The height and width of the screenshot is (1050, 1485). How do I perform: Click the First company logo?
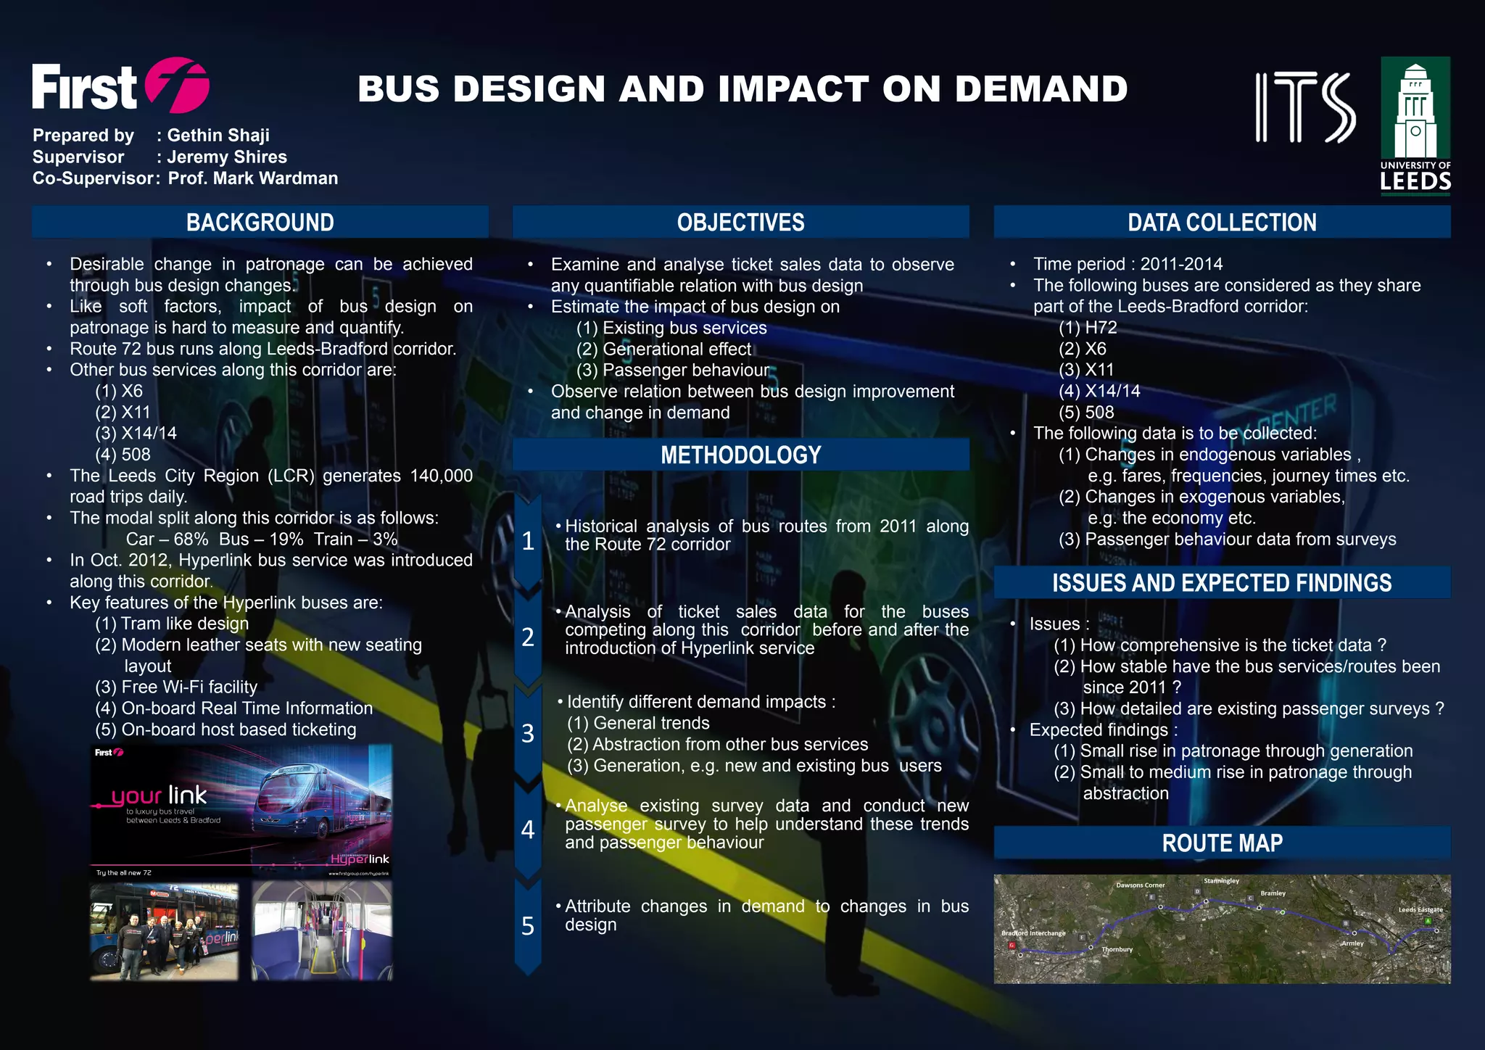(120, 87)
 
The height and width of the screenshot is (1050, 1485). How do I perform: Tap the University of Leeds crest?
(1415, 123)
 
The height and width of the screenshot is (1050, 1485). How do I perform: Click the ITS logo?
(1305, 107)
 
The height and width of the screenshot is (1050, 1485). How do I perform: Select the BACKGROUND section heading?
(260, 222)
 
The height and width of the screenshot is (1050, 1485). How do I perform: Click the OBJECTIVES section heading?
(740, 222)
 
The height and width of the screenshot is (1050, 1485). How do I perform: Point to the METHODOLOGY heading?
(740, 455)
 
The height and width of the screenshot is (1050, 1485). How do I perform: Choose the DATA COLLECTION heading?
(1222, 222)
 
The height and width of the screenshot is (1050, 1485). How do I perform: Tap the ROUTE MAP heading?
(1222, 843)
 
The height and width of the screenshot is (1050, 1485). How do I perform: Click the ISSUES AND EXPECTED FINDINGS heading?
(1222, 582)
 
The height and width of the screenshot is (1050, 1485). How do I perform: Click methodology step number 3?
(528, 733)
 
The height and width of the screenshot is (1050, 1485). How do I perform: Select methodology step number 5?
(528, 926)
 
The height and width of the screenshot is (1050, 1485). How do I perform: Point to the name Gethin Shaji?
(218, 136)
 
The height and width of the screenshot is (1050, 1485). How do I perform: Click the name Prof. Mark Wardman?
(253, 178)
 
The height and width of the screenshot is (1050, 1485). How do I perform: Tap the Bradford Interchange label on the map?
(1033, 933)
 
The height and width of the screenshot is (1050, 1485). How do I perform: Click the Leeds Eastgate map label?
(1420, 909)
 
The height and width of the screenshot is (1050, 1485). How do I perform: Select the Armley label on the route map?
(1352, 943)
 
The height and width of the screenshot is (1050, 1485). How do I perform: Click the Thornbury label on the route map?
(1117, 949)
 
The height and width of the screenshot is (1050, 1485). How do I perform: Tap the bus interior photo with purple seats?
(322, 931)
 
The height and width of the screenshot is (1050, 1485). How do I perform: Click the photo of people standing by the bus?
(165, 931)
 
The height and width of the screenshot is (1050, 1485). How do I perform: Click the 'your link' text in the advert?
(160, 796)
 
